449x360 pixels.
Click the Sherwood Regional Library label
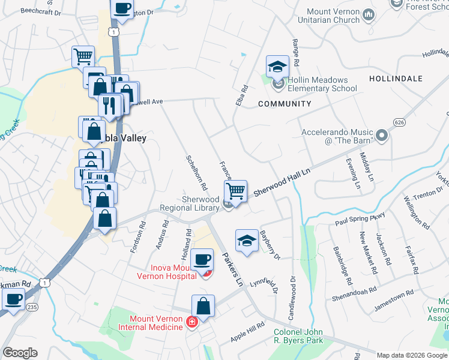(190, 203)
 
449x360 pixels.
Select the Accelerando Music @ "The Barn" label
(337, 136)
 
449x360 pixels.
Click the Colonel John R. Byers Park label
(298, 336)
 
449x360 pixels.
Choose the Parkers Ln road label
(232, 269)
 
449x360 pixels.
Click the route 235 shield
(31, 308)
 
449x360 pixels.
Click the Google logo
(20, 353)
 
